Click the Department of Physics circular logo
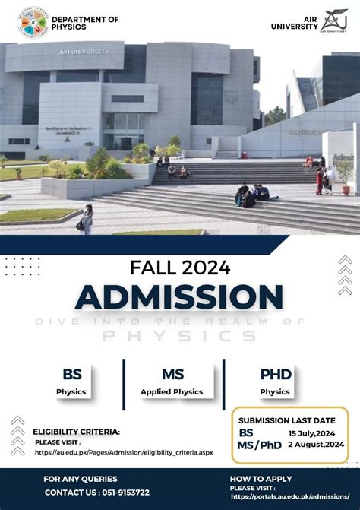32,22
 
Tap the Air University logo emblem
333,21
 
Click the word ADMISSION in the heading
179,297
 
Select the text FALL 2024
179,268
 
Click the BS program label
71,374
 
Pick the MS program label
172,374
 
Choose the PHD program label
275,374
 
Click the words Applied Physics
172,392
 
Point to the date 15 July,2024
311,433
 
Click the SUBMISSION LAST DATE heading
286,420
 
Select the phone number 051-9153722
120,493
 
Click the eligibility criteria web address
124,452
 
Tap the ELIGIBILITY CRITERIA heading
76,432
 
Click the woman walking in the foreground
87,220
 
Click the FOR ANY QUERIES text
81,479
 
